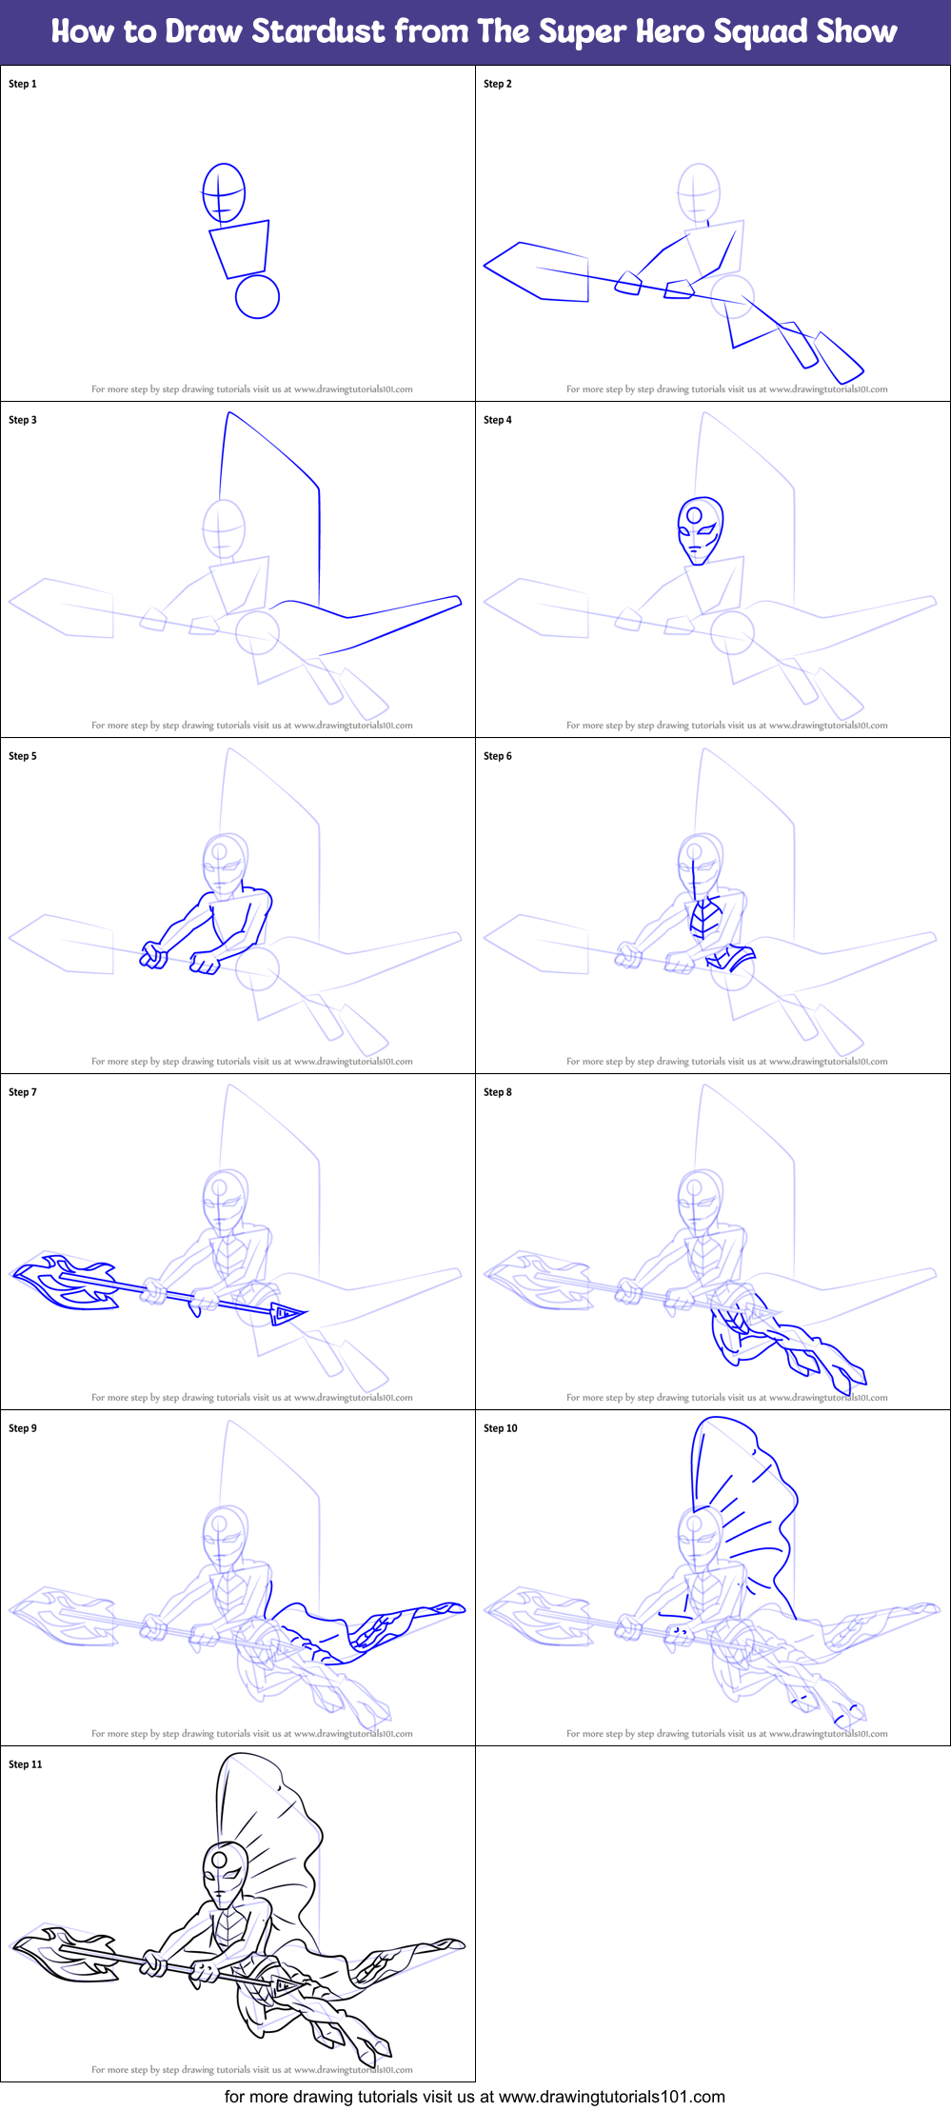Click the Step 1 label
click(23, 84)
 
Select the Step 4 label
click(498, 420)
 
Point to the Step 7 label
click(23, 1092)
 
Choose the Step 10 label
click(501, 1428)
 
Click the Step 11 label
click(26, 1764)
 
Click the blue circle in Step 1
click(257, 297)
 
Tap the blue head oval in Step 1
click(224, 192)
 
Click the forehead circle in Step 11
click(220, 1859)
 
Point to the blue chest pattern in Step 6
click(703, 919)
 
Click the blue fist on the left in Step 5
click(153, 955)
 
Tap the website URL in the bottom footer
click(611, 2096)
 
